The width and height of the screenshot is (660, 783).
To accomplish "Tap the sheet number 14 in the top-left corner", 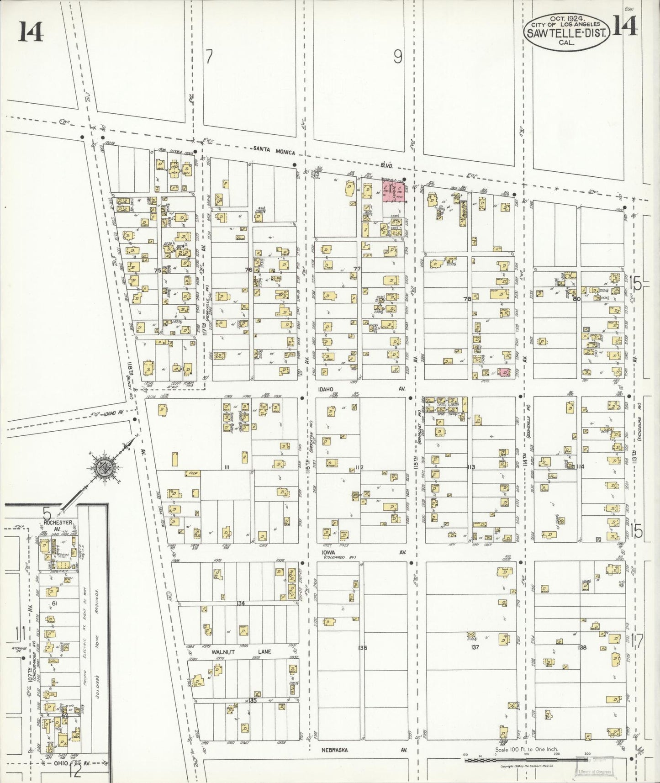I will coord(31,32).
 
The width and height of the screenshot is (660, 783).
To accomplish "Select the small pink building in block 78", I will coord(504,372).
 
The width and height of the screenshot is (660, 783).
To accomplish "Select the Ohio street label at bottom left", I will coord(61,763).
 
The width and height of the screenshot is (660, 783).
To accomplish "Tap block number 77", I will coord(357,269).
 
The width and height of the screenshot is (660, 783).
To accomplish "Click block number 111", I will coord(227,467).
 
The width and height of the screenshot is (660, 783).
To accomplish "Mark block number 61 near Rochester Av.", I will coord(54,604).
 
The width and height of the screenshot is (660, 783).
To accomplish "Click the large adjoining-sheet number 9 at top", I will coord(398,57).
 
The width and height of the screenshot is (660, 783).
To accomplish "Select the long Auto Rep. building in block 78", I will coord(463,214).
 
